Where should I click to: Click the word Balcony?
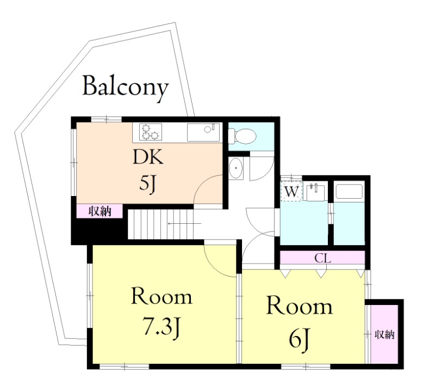pos(126,87)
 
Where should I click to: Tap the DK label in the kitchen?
pos(148,157)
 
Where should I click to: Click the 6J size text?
pos(300,338)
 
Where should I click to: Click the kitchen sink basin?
pos(203,132)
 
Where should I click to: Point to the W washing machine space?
pos(291,191)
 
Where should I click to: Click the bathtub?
pos(349,192)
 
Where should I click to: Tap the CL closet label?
pos(322,259)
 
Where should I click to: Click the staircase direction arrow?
pos(184,223)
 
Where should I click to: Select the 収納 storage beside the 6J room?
pos(385,334)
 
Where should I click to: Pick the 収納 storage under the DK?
pos(100,211)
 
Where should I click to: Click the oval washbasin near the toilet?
pos(236,168)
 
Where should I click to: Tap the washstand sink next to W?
pos(314,192)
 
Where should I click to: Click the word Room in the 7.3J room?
pos(161,297)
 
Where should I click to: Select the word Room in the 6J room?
pos(300,307)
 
